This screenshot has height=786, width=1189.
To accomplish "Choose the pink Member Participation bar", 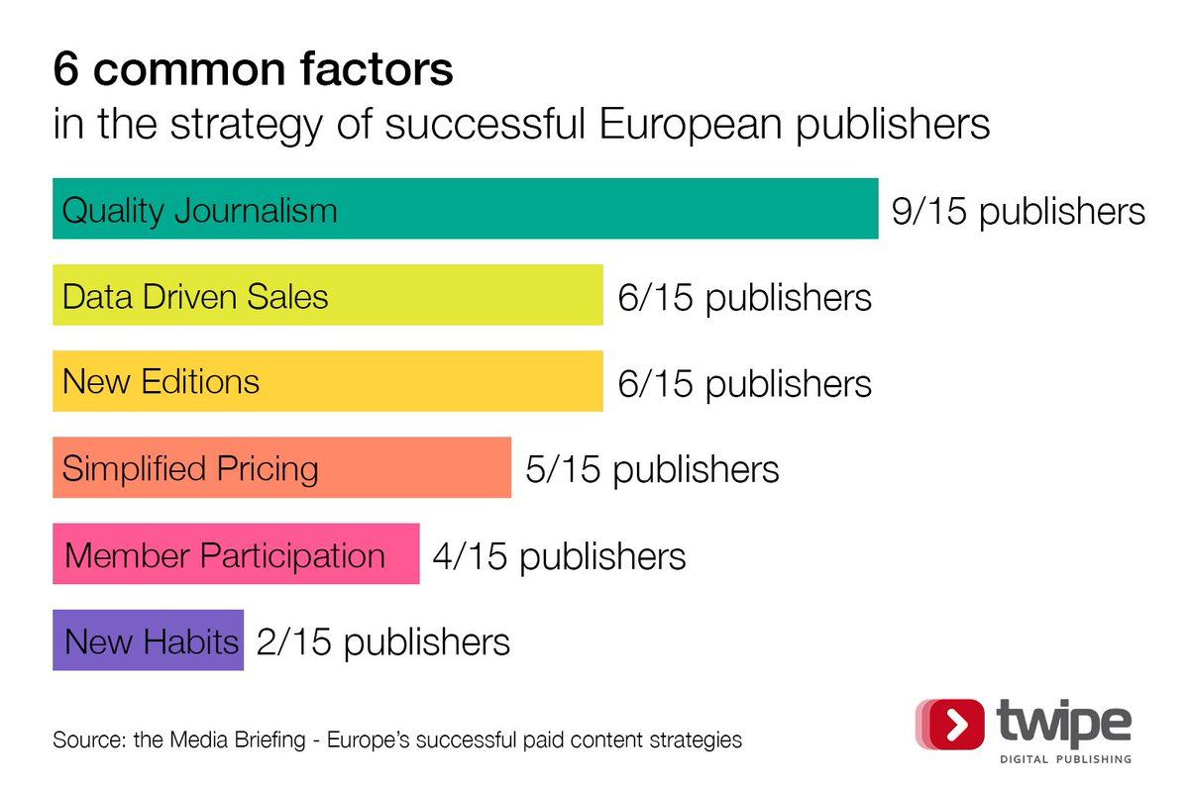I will (236, 554).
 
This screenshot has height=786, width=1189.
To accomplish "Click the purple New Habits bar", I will (148, 640).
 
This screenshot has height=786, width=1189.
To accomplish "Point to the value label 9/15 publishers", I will (1018, 212).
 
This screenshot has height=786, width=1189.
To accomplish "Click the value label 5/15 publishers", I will (652, 469).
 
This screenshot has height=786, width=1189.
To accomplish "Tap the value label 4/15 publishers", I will (559, 555).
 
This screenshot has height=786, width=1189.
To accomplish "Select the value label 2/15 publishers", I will (382, 641).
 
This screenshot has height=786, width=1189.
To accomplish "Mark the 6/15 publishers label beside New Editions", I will (744, 383).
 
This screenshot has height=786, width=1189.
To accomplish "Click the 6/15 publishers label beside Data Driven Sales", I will (744, 297).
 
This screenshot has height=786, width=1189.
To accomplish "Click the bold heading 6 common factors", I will (253, 71).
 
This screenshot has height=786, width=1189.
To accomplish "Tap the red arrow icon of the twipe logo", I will (954, 724).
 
